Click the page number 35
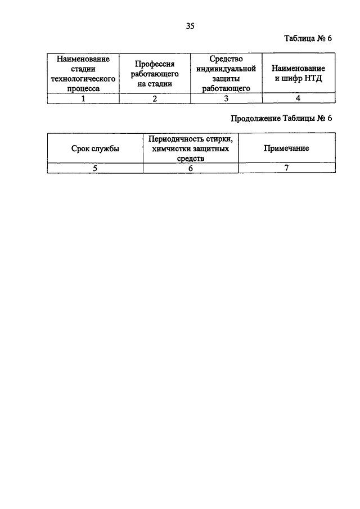click(x=190, y=26)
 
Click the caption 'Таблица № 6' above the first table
click(x=308, y=38)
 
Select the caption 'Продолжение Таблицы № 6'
click(x=281, y=118)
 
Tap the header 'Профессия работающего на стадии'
click(x=155, y=74)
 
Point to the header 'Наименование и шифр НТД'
click(x=298, y=73)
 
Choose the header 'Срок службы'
click(x=95, y=148)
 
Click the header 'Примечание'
click(x=286, y=148)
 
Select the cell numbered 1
click(x=83, y=98)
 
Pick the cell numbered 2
click(x=155, y=98)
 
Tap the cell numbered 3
click(x=226, y=98)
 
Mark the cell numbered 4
click(x=298, y=98)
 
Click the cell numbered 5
click(x=95, y=168)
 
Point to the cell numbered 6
click(x=191, y=168)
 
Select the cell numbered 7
click(x=287, y=168)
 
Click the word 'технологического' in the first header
click(x=83, y=79)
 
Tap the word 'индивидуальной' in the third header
click(x=226, y=69)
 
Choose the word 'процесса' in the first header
click(x=83, y=89)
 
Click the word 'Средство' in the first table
click(x=226, y=58)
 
